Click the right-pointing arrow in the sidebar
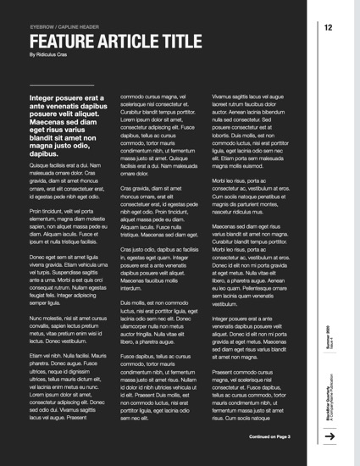pyautogui.click(x=330, y=436)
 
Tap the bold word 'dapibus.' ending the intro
pyautogui.click(x=48, y=154)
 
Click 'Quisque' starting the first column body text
pyautogui.click(x=42, y=165)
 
